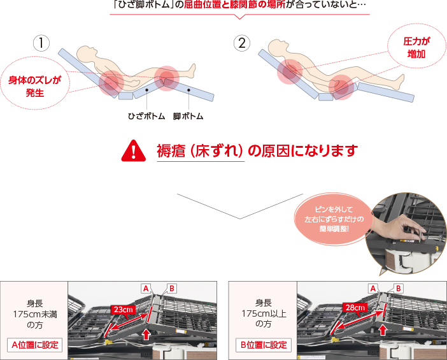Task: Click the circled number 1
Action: tap(41, 43)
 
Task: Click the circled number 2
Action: tap(242, 43)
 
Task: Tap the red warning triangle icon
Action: tap(134, 151)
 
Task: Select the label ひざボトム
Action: tap(146, 116)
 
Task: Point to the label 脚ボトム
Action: tap(188, 116)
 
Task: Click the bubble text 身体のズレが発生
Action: tap(34, 86)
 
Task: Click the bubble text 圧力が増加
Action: tap(416, 47)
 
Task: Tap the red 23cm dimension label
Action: tap(123, 310)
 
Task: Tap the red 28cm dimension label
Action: tap(355, 308)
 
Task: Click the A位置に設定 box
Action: tap(34, 345)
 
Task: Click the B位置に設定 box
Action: tap(264, 345)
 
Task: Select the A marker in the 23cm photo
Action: tap(146, 289)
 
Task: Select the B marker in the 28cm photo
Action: tap(398, 289)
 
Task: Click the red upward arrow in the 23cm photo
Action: tap(146, 334)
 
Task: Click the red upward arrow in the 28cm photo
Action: tap(383, 330)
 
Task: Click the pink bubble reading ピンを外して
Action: tap(334, 219)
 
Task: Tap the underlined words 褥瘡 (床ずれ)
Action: tap(200, 151)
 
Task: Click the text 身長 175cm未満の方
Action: tap(34, 314)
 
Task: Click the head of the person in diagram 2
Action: tap(278, 47)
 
